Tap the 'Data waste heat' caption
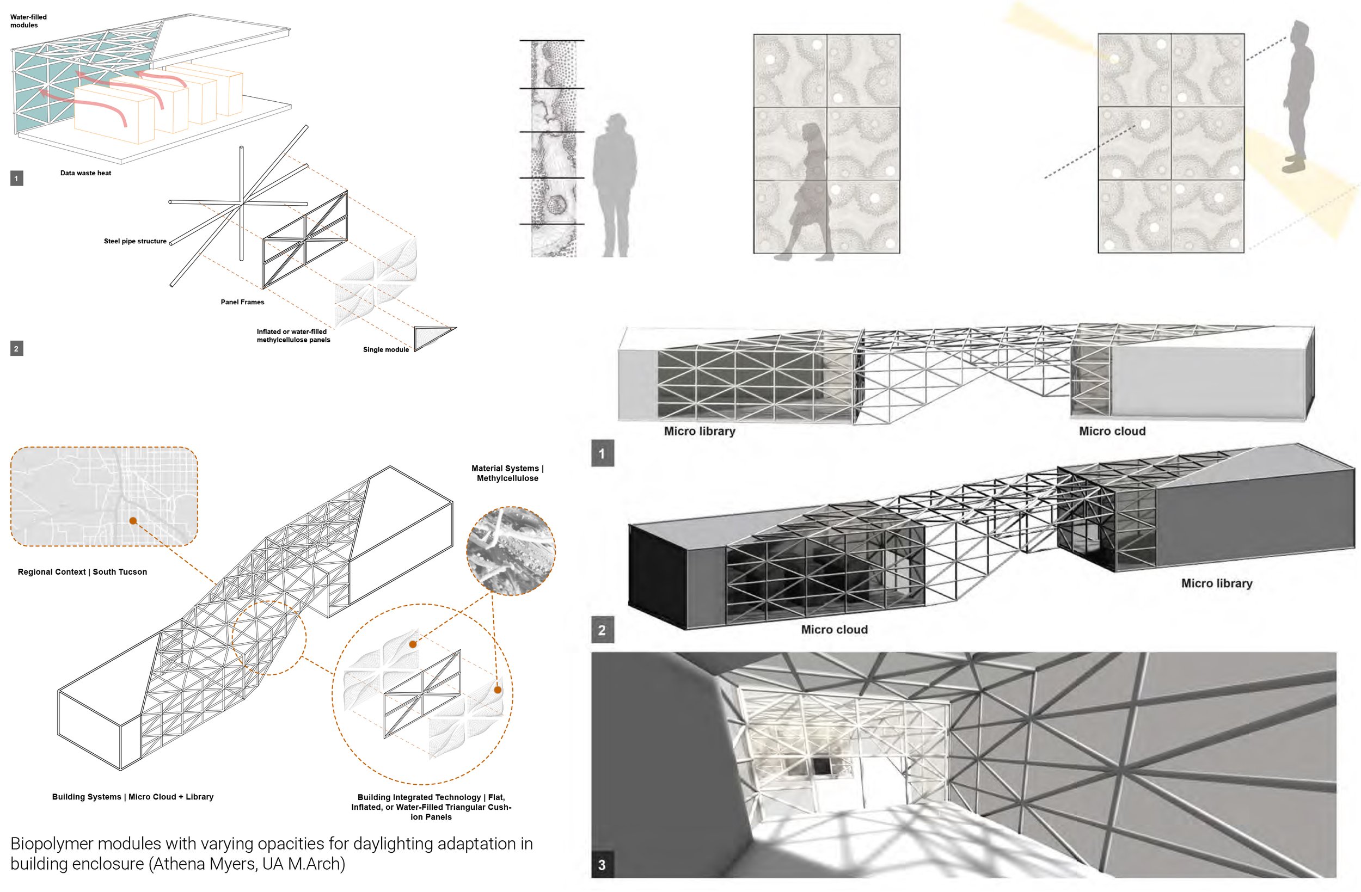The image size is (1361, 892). pyautogui.click(x=86, y=173)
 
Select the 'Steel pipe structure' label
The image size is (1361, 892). pyautogui.click(x=135, y=241)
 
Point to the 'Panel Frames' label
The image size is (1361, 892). pyautogui.click(x=242, y=302)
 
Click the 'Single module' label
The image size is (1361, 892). pyautogui.click(x=385, y=349)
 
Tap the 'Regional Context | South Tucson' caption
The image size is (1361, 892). pyautogui.click(x=82, y=572)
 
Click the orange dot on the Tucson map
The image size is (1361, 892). pyautogui.click(x=133, y=521)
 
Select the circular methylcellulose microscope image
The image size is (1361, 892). pyautogui.click(x=511, y=551)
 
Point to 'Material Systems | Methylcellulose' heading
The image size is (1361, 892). pyautogui.click(x=507, y=473)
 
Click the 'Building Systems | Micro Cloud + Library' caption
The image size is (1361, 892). pyautogui.click(x=133, y=797)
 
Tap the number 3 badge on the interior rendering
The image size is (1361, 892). pyautogui.click(x=602, y=865)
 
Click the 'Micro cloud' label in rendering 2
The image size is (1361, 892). pyautogui.click(x=835, y=630)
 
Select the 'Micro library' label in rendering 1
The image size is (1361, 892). pyautogui.click(x=700, y=431)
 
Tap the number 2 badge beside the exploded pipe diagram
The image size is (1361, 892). pyautogui.click(x=16, y=349)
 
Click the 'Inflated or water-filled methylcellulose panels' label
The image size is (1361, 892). pyautogui.click(x=293, y=336)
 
